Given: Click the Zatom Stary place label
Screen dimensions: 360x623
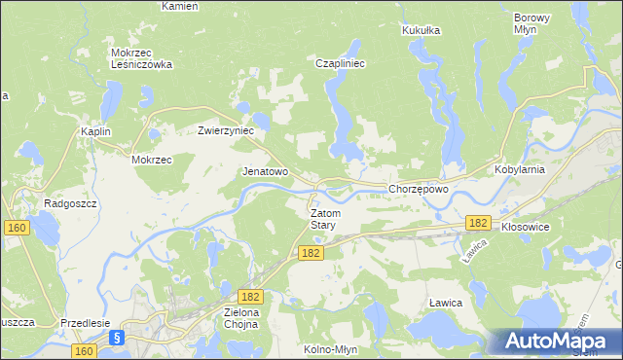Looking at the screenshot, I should [x=323, y=219].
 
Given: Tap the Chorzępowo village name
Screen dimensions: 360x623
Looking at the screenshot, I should [x=418, y=190].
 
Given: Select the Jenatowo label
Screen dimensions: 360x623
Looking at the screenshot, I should [x=265, y=171].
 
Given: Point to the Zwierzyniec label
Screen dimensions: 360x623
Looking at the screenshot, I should [x=226, y=130].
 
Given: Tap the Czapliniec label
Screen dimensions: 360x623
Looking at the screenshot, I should [x=340, y=63].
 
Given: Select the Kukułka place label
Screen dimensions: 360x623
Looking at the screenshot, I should [x=421, y=31].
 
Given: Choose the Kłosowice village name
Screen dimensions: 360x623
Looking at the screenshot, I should [x=527, y=226].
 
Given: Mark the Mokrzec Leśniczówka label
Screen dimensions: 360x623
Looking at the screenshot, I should [x=141, y=58].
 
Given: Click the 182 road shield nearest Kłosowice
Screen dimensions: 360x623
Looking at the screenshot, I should [x=477, y=223].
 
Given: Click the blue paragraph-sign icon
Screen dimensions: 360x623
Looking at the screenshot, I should [x=116, y=338].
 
